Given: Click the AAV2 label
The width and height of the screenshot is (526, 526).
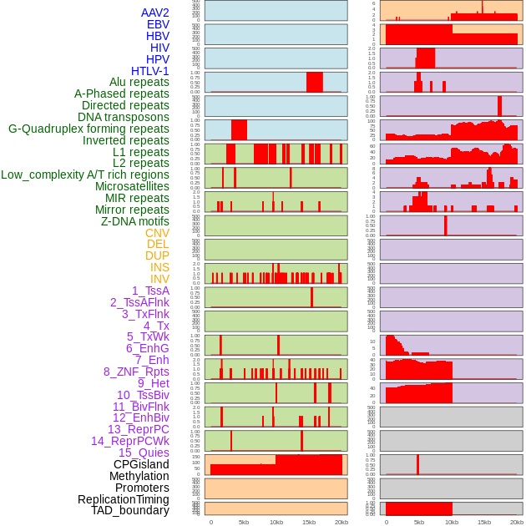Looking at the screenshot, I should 155,13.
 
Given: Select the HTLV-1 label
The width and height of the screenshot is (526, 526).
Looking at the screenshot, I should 150,71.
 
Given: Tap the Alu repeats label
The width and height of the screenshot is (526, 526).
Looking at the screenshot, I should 139,82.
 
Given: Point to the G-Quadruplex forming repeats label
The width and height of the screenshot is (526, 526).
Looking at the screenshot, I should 89,129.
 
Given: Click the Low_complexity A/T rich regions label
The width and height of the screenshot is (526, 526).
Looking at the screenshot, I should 85,174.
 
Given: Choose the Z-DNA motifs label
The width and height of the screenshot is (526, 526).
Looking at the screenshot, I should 135,221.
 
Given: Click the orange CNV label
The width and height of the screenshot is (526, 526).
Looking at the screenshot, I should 157,233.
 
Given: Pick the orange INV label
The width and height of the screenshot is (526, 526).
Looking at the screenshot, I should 159,279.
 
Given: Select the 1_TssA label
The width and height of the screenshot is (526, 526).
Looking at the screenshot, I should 150,291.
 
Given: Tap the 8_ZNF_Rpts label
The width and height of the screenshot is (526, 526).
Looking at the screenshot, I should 136,372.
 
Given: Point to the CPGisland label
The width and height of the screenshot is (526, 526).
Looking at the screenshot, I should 141,464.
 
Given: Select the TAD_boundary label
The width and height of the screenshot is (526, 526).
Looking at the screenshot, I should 130,510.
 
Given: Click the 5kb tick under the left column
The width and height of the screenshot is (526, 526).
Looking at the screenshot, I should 244,522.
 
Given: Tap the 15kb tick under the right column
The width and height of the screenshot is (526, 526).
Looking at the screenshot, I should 484,522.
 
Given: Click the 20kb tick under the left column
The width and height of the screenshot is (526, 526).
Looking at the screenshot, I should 341,522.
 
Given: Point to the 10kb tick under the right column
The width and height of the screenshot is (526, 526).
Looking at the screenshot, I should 452,522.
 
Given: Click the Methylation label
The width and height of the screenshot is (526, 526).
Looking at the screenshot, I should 139,476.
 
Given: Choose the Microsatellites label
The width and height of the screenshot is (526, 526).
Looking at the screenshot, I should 132,186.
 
